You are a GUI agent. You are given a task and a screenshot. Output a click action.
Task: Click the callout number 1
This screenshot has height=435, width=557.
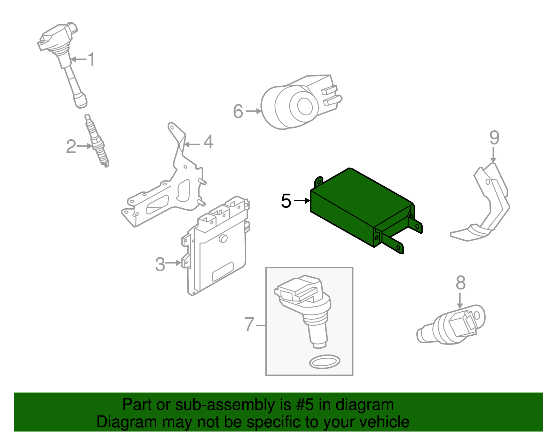91,59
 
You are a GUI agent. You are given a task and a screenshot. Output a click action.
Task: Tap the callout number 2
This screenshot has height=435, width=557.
71,146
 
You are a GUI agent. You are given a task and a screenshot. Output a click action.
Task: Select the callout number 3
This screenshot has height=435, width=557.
160,264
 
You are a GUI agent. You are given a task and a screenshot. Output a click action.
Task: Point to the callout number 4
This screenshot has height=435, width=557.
209,142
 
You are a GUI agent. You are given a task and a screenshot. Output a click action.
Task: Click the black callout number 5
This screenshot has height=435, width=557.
286,201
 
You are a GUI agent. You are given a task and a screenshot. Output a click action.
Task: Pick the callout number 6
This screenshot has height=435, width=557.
238,111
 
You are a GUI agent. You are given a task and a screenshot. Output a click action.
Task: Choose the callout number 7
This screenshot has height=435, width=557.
249,324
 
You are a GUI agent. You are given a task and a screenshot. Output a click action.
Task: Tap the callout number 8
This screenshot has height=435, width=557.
460,283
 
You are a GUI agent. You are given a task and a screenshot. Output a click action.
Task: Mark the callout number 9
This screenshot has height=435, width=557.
494,138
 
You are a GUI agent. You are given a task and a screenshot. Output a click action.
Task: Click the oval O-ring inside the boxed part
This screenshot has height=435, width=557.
324,362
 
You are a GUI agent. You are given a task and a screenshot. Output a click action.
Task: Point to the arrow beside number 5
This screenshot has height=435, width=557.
302,201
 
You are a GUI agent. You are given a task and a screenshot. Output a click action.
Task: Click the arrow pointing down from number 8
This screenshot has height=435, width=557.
460,301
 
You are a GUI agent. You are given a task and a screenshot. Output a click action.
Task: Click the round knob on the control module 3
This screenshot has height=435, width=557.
223,239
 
